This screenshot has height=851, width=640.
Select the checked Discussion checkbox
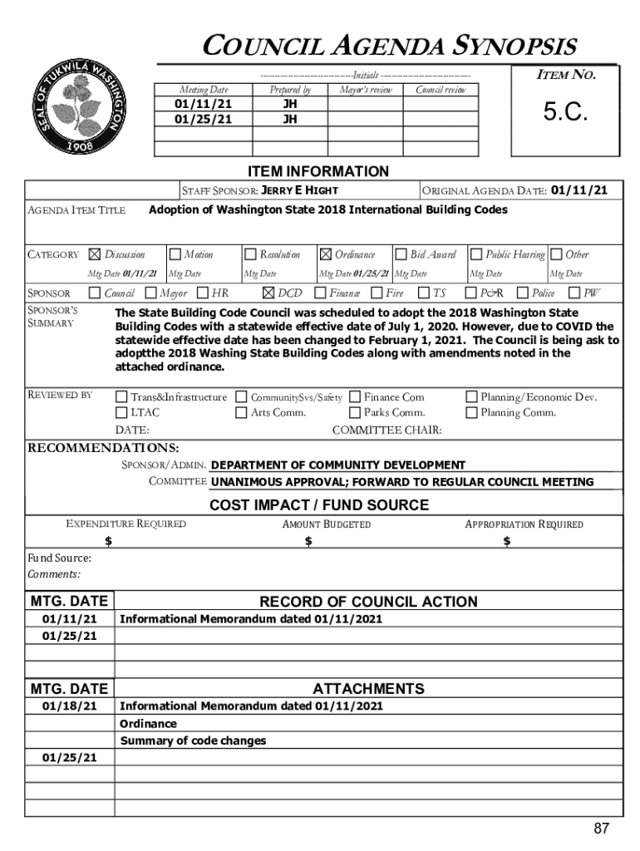pyautogui.click(x=94, y=254)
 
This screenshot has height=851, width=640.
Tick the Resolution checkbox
pyautogui.click(x=250, y=254)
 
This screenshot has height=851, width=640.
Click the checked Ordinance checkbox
pyautogui.click(x=326, y=254)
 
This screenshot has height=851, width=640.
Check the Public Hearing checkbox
pyautogui.click(x=477, y=254)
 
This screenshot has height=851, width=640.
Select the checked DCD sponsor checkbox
pyautogui.click(x=268, y=293)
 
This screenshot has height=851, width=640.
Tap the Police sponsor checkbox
pyautogui.click(x=523, y=293)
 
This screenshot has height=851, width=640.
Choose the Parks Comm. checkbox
pyautogui.click(x=355, y=412)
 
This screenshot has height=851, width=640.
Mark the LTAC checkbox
pyautogui.click(x=122, y=412)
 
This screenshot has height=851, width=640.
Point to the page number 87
pyautogui.click(x=602, y=829)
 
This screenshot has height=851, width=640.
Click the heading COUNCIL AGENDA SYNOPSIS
pyautogui.click(x=391, y=46)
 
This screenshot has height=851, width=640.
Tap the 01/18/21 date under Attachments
pyautogui.click(x=70, y=706)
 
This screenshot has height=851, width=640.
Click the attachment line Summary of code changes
pyautogui.click(x=194, y=740)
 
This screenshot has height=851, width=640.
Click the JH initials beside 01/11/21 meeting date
pyautogui.click(x=290, y=106)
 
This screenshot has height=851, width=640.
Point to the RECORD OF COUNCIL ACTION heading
pyautogui.click(x=368, y=602)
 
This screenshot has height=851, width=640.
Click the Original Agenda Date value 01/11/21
pyautogui.click(x=579, y=190)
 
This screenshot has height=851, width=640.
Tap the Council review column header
pyautogui.click(x=441, y=90)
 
